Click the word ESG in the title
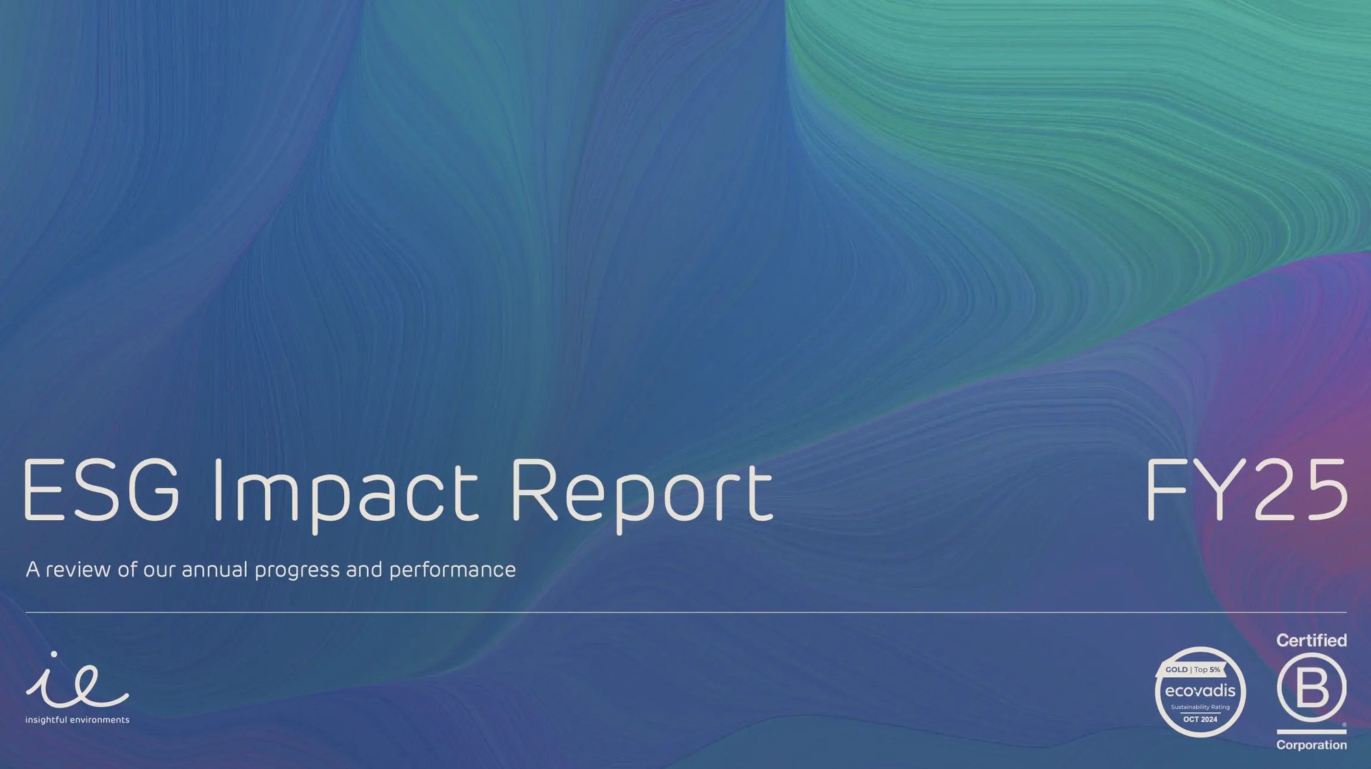[101, 489]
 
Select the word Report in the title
[642, 492]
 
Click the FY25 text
[1246, 489]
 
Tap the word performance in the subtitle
[452, 570]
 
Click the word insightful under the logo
[46, 720]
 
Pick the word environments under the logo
[99, 720]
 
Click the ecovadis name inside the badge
[1200, 690]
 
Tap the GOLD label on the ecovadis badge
[1176, 670]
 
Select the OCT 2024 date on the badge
[1200, 719]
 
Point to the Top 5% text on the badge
[1208, 670]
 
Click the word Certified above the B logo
[1311, 640]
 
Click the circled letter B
[1311, 687]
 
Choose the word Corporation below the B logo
[1311, 745]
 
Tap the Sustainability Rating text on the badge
[1200, 707]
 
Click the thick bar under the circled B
[1311, 732]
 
